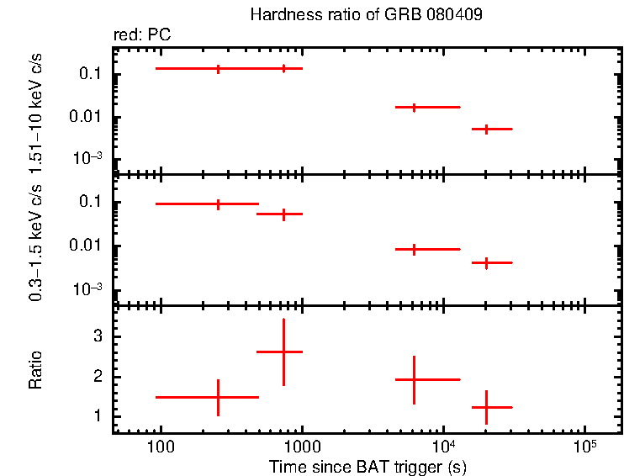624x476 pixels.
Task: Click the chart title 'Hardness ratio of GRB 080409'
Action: [x=366, y=15]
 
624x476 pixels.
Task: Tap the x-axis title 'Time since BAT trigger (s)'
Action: [x=368, y=466]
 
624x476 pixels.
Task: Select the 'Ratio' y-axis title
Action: [x=36, y=371]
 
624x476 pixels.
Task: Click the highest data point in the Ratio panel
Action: [x=283, y=352]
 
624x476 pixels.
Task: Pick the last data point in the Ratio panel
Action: [x=486, y=407]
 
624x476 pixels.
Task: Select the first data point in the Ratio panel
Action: [x=218, y=397]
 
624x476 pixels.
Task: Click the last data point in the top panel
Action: [x=486, y=129]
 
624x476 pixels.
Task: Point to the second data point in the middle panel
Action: [x=283, y=214]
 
